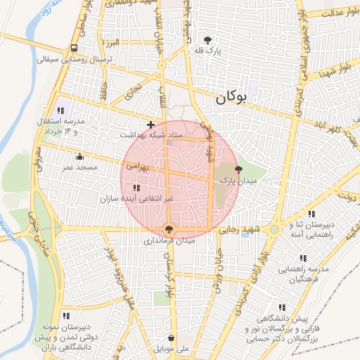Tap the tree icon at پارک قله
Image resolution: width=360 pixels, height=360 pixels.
point(207,40)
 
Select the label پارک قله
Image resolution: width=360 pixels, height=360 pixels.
point(208,52)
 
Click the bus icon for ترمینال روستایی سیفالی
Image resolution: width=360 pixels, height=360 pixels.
point(75,49)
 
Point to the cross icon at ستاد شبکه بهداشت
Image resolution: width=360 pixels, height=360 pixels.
point(150,124)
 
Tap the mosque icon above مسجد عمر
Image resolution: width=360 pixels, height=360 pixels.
point(79,157)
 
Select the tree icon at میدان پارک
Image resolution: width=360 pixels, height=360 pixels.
point(238,169)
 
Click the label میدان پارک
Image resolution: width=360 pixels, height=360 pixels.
point(239,181)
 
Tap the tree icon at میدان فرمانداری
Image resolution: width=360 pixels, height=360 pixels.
point(169,229)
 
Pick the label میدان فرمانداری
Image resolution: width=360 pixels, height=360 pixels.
point(169,240)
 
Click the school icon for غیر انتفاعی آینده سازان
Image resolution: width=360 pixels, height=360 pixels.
point(136,188)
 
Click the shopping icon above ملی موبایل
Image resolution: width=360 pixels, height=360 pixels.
point(172,337)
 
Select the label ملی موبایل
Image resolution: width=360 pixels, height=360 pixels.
point(172,349)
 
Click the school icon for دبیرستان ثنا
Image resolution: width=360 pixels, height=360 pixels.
point(311,214)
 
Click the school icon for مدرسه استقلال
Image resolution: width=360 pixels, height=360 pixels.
point(62,110)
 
